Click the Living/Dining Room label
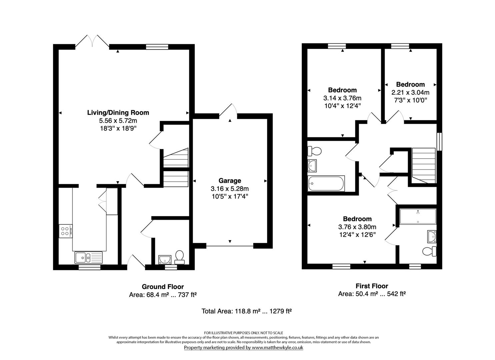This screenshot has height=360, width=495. tap(118, 113)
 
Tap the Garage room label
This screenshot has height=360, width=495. tap(230, 181)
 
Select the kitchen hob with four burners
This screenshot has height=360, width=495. tap(65, 231)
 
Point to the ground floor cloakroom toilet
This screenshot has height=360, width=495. tap(180, 256)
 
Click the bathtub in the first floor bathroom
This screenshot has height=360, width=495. tap(326, 184)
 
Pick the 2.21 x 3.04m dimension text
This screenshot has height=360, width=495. tap(410, 92)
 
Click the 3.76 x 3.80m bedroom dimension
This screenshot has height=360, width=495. tap(357, 227)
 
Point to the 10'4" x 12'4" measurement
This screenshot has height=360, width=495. tap(342, 106)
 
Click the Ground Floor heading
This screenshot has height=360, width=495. tap(163, 287)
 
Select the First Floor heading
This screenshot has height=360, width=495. tap(372, 286)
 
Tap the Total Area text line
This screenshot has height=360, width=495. tap(247, 311)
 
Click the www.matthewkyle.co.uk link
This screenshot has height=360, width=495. tap(277, 347)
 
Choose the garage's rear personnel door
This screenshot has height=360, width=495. tap(229, 110)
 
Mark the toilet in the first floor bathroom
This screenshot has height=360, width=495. tap(314, 151)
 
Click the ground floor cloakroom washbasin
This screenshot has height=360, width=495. tap(165, 259)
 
